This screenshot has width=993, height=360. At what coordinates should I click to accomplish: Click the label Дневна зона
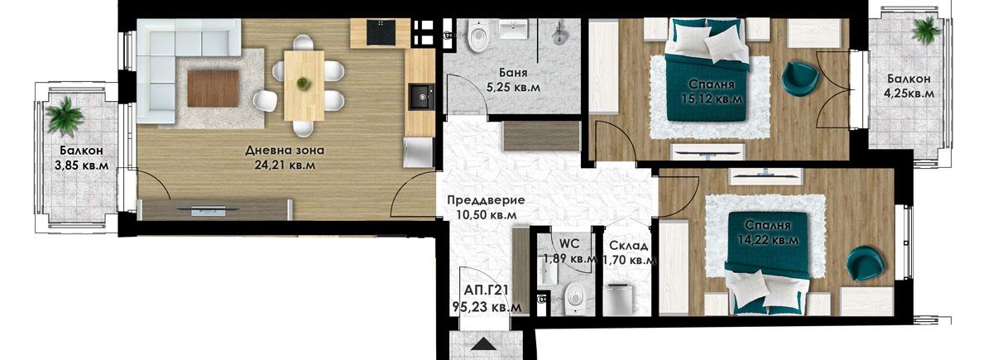[x=285, y=151]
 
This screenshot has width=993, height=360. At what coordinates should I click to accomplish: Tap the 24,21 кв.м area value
[x=285, y=166]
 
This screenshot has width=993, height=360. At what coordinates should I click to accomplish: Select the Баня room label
[x=515, y=70]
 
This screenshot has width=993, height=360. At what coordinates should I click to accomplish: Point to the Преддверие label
[x=486, y=199]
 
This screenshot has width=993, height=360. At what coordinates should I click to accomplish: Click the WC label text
[x=568, y=244]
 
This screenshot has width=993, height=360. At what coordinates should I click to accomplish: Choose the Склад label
[x=628, y=246]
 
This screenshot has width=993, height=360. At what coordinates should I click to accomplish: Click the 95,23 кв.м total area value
[x=487, y=306]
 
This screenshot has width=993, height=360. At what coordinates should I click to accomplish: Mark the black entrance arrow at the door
[x=485, y=345]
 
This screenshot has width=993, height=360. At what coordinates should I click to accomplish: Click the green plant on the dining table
[x=303, y=82]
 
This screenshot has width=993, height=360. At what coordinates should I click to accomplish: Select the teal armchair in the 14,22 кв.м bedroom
[x=863, y=263]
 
